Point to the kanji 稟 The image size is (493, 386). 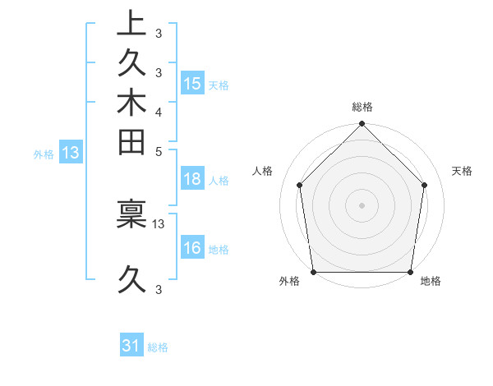[x=131, y=215]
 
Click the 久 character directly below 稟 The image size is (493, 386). [x=131, y=282]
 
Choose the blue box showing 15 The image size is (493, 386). [x=192, y=83]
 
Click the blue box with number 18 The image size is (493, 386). [x=192, y=180]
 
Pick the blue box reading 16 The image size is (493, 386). [x=192, y=249]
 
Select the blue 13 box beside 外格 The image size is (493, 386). [x=71, y=152]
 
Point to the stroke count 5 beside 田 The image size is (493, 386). [x=158, y=151]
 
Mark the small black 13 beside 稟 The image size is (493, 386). [x=159, y=223]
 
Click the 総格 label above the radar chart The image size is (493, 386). [x=362, y=107]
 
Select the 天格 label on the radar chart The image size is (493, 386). [x=463, y=171]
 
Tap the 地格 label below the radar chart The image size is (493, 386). [x=431, y=282]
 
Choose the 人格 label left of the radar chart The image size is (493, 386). [x=263, y=171]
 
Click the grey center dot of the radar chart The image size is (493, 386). [x=362, y=204]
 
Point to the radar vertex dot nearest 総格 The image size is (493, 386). [x=362, y=125]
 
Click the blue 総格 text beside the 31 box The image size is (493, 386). [x=158, y=347]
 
